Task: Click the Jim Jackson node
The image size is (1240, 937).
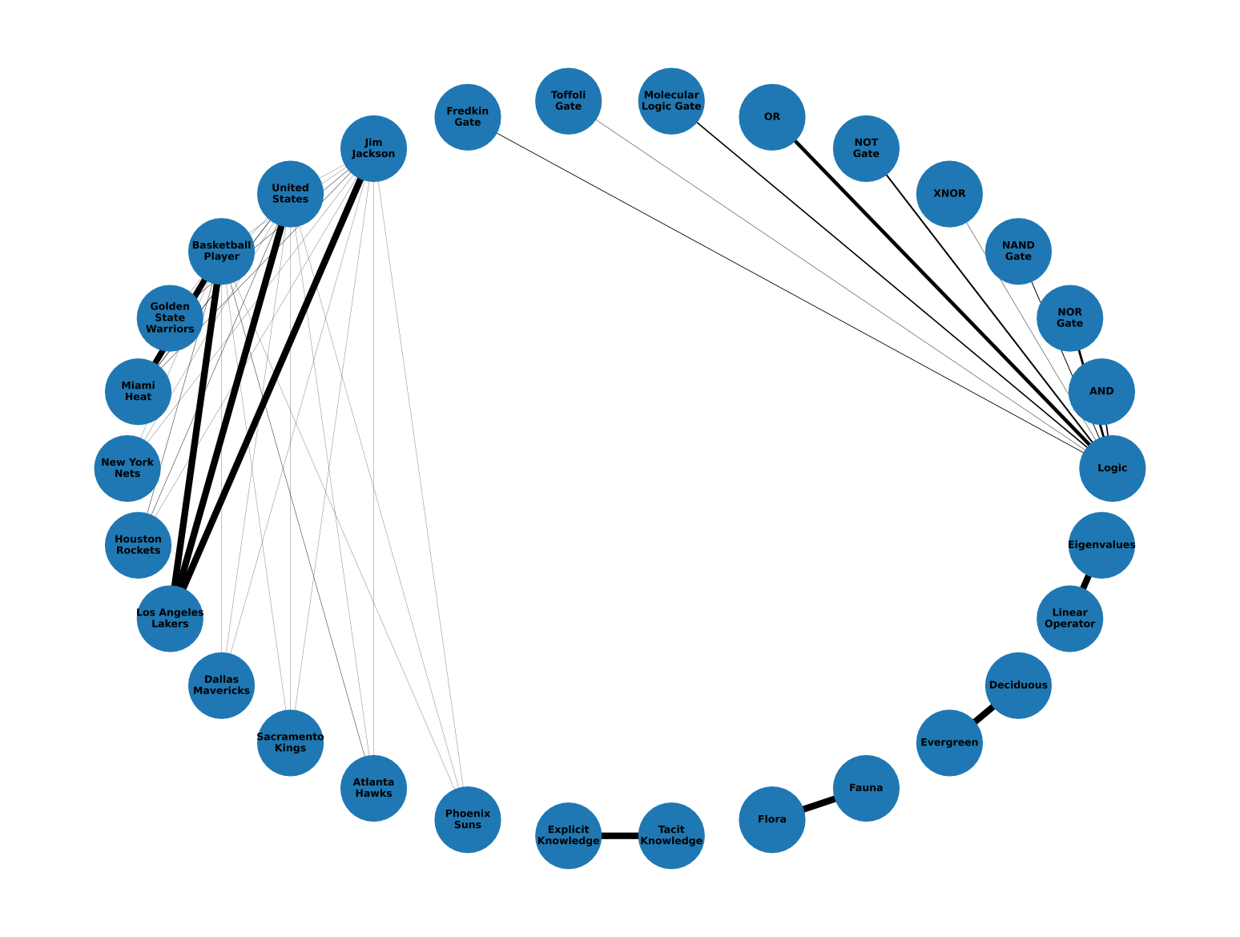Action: [x=373, y=148]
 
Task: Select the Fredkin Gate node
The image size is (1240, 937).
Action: [x=468, y=117]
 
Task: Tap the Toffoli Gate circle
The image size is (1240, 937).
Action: [x=568, y=101]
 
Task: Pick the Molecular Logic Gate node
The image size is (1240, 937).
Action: [x=671, y=101]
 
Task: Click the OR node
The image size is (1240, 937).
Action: [x=771, y=117]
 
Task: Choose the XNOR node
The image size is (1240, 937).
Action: [x=949, y=194]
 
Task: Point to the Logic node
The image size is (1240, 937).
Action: [x=1112, y=468]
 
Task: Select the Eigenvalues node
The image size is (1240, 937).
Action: [x=1101, y=545]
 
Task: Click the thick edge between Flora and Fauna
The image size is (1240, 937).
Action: [x=819, y=804]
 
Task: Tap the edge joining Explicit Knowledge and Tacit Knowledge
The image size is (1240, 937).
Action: [x=620, y=836]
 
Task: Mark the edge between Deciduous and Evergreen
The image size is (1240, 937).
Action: [x=984, y=714]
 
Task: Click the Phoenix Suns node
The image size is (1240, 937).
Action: [x=468, y=819]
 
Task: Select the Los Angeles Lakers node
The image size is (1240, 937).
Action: [x=170, y=618]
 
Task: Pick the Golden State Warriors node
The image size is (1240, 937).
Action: [x=170, y=318]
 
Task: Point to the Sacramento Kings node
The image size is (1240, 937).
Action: [x=290, y=742]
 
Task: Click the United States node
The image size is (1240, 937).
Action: [x=290, y=194]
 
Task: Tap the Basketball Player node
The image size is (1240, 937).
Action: [x=221, y=251]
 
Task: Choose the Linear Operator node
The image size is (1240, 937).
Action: [x=1069, y=618]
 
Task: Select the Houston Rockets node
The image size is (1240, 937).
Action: [x=138, y=545]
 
